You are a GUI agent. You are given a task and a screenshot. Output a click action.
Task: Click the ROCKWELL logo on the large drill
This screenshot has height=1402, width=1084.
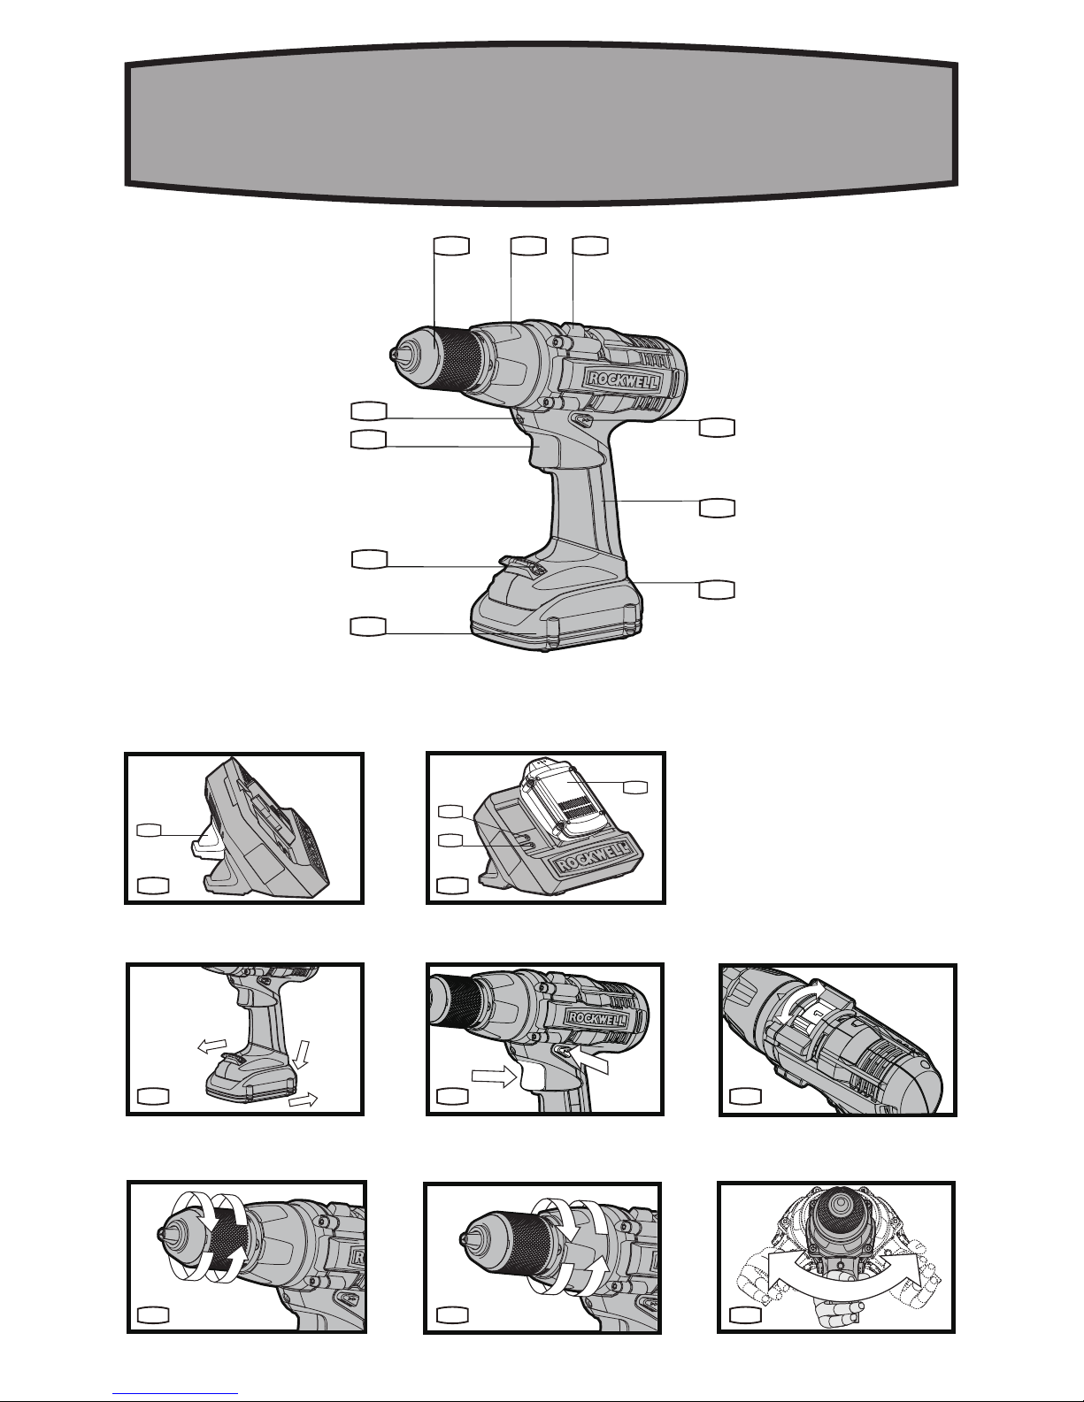pos(624,380)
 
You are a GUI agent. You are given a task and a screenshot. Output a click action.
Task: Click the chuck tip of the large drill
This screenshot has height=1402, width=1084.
pos(393,354)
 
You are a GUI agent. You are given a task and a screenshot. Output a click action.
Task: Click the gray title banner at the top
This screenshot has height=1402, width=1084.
pos(541,124)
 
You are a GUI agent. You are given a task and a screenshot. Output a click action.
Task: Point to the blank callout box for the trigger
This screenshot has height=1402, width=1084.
pos(368,440)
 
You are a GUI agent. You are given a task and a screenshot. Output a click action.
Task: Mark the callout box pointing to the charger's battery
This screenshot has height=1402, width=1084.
pos(635,786)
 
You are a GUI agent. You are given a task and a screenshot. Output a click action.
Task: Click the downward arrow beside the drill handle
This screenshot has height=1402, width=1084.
pos(302,1055)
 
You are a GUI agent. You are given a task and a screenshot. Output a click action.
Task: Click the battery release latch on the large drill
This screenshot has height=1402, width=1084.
pos(520,566)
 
